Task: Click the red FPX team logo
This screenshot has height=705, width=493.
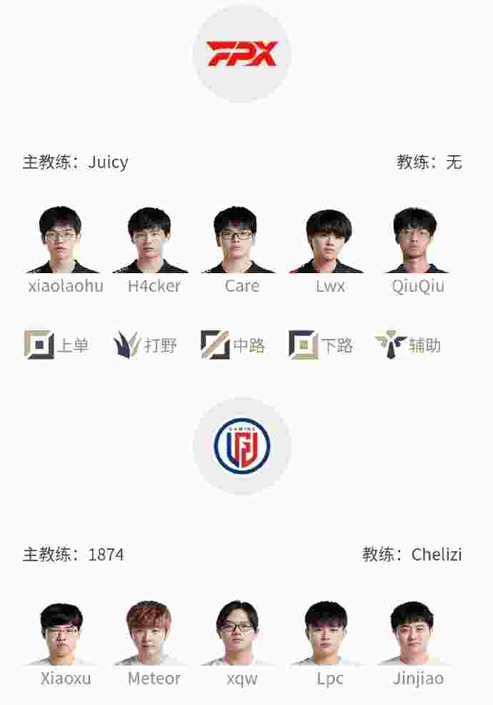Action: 241,54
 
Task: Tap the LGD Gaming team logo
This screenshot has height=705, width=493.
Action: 241,446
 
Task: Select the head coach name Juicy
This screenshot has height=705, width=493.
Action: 109,162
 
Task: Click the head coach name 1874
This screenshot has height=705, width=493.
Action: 106,555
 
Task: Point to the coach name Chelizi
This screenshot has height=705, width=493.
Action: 437,555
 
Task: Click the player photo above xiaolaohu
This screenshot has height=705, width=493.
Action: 61,240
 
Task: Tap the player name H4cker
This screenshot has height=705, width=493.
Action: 154,287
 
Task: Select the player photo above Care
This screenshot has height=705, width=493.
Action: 238,240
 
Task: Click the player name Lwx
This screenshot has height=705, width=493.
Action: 330,287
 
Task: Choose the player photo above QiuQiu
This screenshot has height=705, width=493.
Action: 416,240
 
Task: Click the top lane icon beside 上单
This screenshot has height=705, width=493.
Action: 39,345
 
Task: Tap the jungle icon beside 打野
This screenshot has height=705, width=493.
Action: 127,345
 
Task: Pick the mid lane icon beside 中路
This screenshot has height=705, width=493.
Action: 215,345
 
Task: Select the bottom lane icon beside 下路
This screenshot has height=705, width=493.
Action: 303,345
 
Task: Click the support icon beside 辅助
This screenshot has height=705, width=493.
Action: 390,345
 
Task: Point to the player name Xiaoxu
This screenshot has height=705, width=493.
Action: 66,679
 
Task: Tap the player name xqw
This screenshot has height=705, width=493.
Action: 241,679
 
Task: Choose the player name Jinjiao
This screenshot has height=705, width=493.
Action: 418,679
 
